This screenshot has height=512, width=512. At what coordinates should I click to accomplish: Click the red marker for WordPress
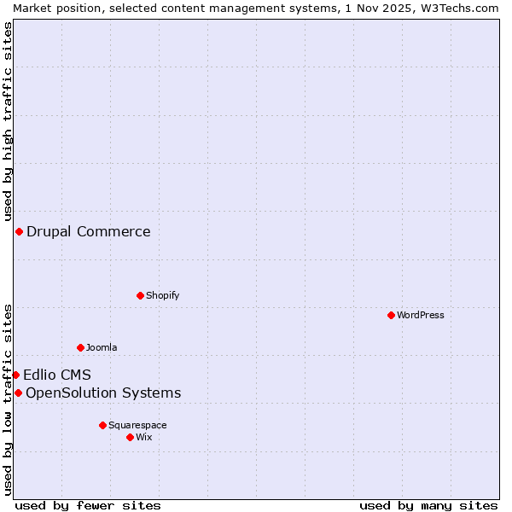click(x=392, y=315)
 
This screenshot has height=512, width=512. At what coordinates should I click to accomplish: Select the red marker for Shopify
click(x=141, y=295)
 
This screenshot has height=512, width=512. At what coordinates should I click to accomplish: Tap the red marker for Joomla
click(x=81, y=347)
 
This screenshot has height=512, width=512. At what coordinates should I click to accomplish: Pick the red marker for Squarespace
click(x=103, y=425)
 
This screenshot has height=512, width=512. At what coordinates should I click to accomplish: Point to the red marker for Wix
click(x=131, y=437)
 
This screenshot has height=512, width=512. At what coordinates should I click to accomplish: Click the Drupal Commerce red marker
click(x=19, y=231)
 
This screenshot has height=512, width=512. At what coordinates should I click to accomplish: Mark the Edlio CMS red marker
click(x=15, y=375)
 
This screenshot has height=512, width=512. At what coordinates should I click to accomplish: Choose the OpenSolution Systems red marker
click(x=18, y=393)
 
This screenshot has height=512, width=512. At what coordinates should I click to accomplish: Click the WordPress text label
click(x=421, y=315)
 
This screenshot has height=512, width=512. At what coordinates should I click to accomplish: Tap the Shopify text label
click(x=163, y=295)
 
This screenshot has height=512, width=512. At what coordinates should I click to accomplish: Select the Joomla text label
click(x=102, y=347)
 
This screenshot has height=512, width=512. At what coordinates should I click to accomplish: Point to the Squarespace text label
click(x=137, y=425)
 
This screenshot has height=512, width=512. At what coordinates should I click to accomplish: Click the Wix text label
click(x=144, y=437)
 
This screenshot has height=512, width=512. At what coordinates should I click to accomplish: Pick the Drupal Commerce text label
click(x=89, y=231)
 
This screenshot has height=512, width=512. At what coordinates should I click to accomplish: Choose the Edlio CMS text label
click(x=57, y=375)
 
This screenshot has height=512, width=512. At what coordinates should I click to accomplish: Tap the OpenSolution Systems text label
click(x=103, y=393)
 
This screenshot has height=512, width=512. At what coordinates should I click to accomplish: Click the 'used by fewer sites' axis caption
click(x=88, y=505)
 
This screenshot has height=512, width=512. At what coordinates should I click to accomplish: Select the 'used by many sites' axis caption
click(x=428, y=505)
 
